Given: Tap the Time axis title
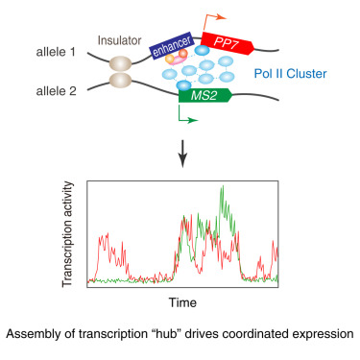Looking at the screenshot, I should click(x=183, y=302).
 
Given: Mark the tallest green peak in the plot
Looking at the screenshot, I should click(x=226, y=188).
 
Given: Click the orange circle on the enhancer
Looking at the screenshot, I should click(x=171, y=59).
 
